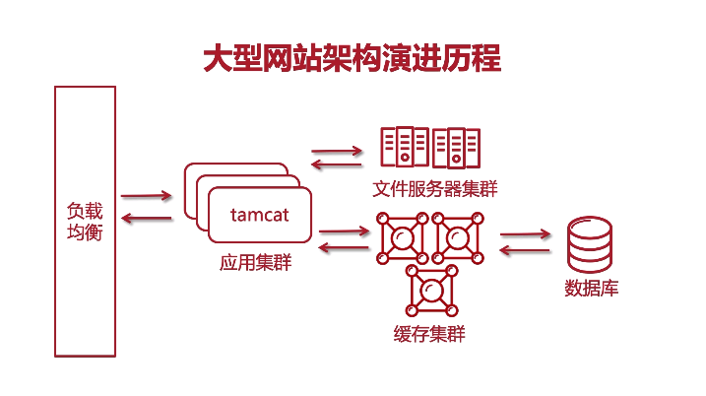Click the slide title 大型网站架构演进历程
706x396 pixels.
pos(353,58)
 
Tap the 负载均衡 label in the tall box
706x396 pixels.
pos(85,223)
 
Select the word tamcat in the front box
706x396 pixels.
pos(258,214)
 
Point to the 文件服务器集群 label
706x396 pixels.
pos(435,189)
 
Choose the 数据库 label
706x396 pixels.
pos(591,289)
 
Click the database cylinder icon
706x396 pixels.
pos(591,245)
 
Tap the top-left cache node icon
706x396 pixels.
pos(401,237)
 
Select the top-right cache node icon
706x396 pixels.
pos(456,237)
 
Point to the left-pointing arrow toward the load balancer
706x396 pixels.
pos(147,218)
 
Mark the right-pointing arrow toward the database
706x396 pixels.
pos(525,234)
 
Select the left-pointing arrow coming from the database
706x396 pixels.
pos(525,250)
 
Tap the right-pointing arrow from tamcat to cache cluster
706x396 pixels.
pos(344,232)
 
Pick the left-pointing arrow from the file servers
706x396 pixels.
pos(336,165)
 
